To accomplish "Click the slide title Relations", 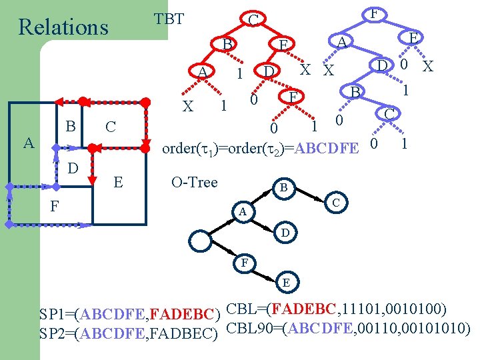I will (63, 27).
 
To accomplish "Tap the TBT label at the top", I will (169, 19).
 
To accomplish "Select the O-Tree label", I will (195, 182).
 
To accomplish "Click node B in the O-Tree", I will (283, 189).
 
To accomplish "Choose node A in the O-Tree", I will (243, 212).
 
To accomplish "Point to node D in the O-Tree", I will (285, 233).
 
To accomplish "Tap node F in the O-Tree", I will (245, 262).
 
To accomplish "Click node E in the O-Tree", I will (285, 282).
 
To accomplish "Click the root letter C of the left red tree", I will (253, 20).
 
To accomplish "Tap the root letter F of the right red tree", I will (375, 13).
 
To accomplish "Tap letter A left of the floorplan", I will (28, 142).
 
